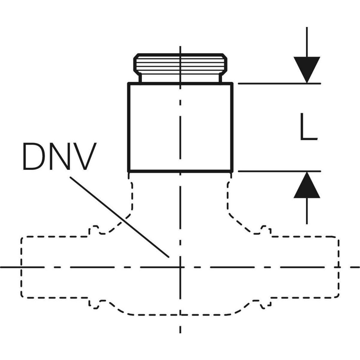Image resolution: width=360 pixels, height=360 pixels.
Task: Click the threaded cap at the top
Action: [x=180, y=65]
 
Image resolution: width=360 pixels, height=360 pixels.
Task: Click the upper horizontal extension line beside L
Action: [x=279, y=83]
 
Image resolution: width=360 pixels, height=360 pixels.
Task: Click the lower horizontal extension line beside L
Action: [x=279, y=171]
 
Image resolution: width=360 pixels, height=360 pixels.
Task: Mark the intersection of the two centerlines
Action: [x=180, y=266]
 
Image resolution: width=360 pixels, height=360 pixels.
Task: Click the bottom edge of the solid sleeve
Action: [x=180, y=171]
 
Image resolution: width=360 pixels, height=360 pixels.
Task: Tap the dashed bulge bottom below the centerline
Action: [x=180, y=315]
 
